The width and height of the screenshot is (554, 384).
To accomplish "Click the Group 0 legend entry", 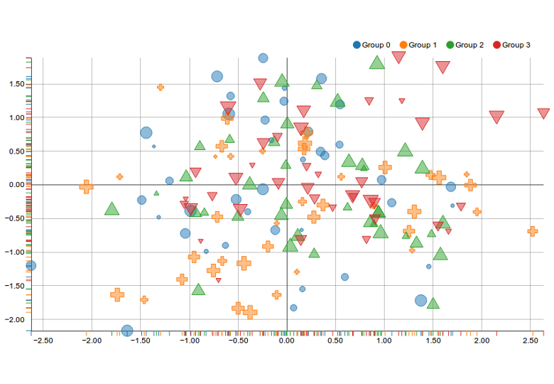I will (x=371, y=45).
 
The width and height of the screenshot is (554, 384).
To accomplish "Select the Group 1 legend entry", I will (x=418, y=45).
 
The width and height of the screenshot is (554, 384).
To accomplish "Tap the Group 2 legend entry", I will (x=465, y=45).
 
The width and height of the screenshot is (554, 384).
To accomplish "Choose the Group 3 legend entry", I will (x=511, y=45).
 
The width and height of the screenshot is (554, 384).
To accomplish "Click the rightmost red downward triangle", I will (x=544, y=113).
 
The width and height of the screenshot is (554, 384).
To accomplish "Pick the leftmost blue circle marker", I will (x=30, y=265).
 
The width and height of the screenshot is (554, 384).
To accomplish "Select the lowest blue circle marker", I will (x=127, y=331).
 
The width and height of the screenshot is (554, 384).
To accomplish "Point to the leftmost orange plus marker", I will (x=86, y=186).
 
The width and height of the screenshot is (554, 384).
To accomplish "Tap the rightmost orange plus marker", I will (x=533, y=230).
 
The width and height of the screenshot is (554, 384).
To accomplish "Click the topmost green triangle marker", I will (x=377, y=63).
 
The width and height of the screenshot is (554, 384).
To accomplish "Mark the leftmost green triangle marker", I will (x=112, y=209).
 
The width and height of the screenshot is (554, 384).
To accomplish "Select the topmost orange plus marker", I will (x=161, y=87).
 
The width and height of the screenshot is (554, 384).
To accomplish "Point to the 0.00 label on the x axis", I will (x=287, y=341).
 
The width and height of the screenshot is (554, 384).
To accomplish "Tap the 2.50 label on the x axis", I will (x=531, y=341).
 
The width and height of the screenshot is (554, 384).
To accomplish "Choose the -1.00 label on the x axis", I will (x=189, y=341).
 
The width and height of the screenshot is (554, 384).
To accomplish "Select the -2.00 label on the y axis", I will (x=13, y=319).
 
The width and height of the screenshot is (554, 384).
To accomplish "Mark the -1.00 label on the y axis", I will (x=13, y=252).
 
